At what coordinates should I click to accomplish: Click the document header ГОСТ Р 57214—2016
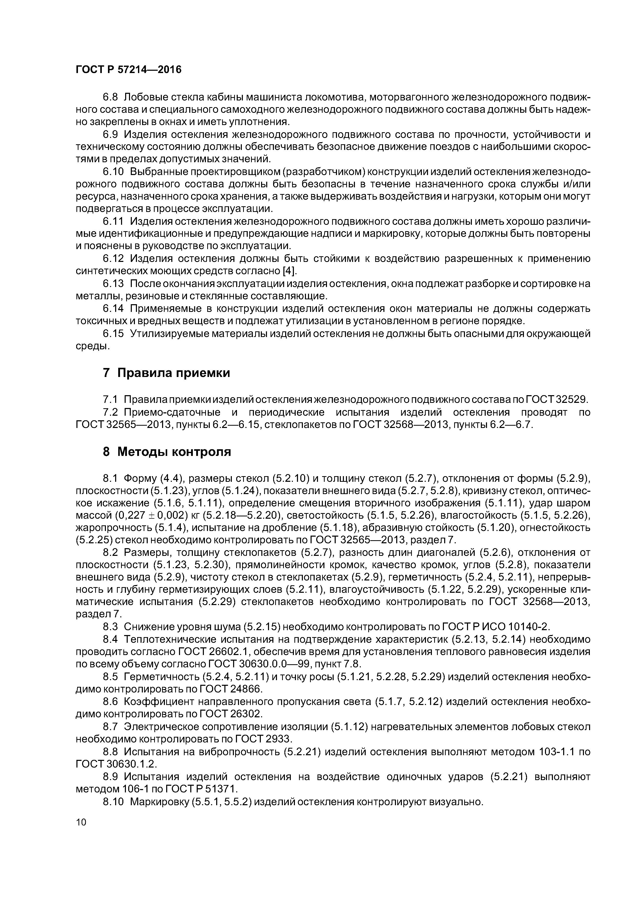coord(128,70)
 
